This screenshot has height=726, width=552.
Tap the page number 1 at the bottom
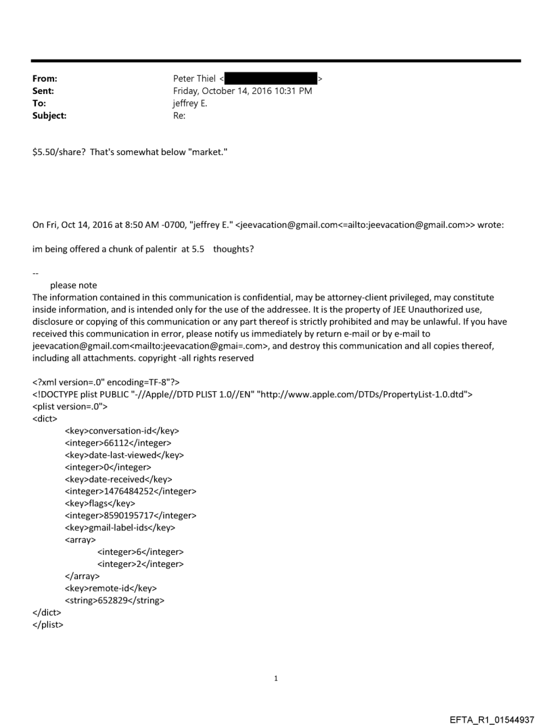pyautogui.click(x=276, y=678)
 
